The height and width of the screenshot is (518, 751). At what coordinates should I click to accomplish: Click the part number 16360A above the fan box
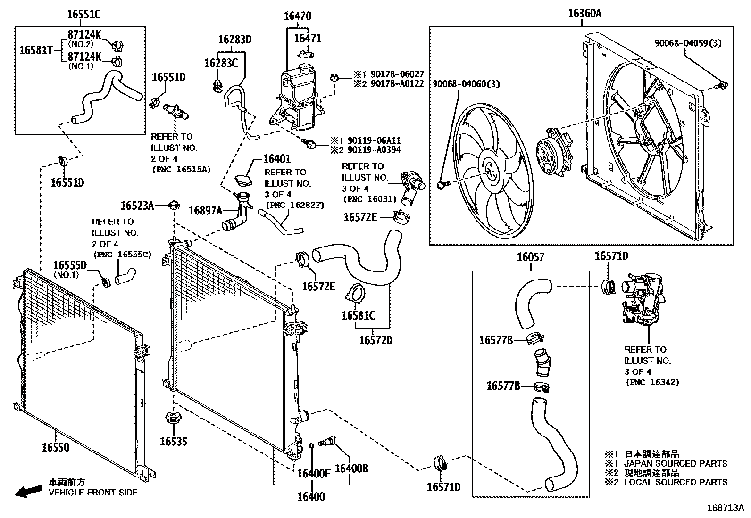click(584, 14)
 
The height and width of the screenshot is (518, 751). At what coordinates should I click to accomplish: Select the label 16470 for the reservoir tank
click(298, 16)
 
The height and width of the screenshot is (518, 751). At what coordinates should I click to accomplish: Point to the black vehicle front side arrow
click(28, 492)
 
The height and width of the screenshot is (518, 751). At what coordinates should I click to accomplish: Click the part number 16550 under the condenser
click(56, 447)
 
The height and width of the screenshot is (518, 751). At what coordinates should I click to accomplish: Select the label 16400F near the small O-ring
click(314, 473)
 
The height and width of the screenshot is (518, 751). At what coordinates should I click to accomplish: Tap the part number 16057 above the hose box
click(531, 257)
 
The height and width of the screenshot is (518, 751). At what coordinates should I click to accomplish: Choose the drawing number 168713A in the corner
click(725, 508)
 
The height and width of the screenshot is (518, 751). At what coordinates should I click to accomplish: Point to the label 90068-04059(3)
click(688, 43)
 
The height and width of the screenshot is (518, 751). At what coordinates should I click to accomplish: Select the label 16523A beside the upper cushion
click(137, 206)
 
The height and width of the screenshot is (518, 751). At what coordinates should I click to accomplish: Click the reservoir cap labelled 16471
click(306, 54)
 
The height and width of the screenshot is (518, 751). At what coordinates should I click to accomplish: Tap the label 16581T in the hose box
click(36, 50)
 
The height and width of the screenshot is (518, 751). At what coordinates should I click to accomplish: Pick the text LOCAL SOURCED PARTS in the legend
click(676, 482)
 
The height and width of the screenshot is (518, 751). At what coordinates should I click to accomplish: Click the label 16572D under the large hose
click(375, 340)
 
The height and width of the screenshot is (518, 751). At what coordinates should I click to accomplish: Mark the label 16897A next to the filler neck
click(205, 211)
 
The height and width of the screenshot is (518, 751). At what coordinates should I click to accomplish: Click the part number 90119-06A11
click(374, 141)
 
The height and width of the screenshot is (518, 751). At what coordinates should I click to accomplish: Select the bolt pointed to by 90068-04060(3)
click(442, 185)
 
